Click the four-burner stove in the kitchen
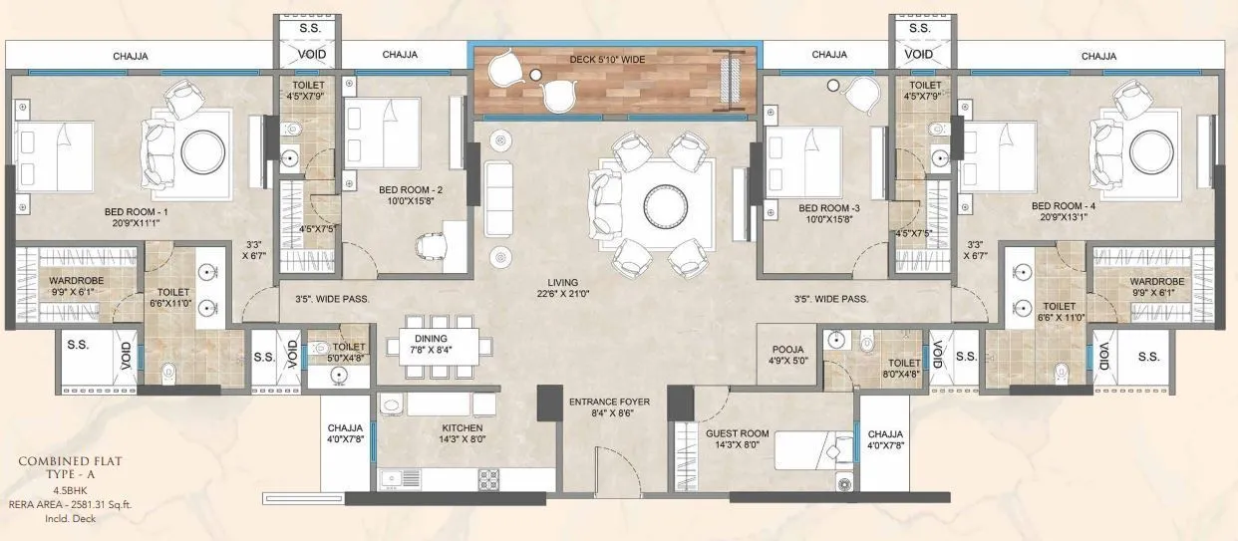(488, 480)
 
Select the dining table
(440, 346)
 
